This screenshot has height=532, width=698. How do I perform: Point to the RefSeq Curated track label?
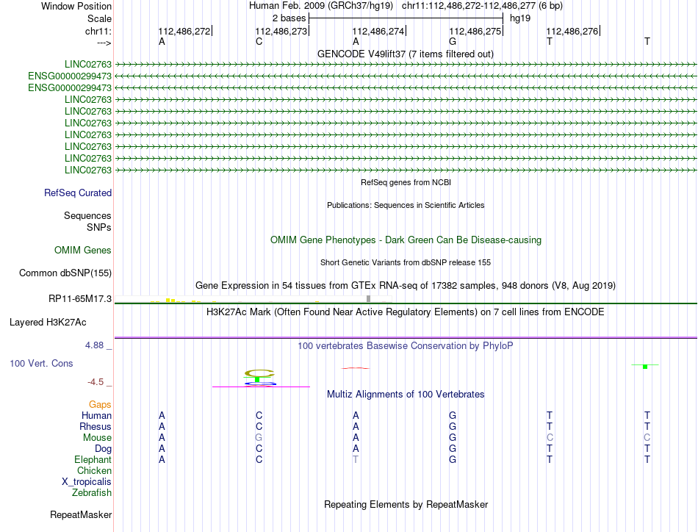coord(78,193)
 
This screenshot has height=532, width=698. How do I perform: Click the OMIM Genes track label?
coord(83,251)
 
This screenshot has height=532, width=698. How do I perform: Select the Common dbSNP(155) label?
coord(65,273)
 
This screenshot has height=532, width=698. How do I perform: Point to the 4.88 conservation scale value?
coord(98,345)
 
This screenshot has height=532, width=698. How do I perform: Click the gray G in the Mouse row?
coord(259,438)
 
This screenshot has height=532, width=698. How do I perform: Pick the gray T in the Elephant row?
coord(356,460)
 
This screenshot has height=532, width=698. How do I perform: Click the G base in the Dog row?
coord(453,449)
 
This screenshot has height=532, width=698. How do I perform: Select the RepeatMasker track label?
coord(81,514)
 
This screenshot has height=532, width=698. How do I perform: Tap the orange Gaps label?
coord(100,405)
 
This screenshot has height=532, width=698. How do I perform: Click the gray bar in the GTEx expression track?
coord(368,298)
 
